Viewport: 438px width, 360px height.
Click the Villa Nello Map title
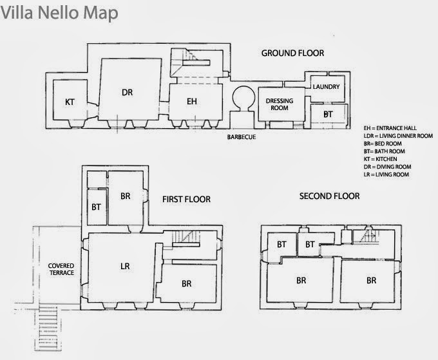click(59, 13)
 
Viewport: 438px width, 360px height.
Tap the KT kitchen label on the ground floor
click(70, 102)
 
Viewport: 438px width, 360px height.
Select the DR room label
click(127, 93)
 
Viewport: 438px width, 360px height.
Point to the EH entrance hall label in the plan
click(192, 101)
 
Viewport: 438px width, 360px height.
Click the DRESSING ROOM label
click(280, 104)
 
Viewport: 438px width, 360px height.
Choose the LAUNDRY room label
click(326, 87)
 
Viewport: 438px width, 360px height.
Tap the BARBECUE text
click(242, 137)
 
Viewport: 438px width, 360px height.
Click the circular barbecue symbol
click(243, 98)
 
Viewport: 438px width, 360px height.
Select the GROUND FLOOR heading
click(292, 53)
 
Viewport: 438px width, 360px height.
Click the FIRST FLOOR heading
click(186, 199)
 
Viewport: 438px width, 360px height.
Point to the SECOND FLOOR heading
click(329, 196)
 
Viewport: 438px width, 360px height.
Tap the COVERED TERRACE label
click(61, 269)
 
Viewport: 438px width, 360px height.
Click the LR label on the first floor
click(125, 266)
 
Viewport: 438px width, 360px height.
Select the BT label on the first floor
click(96, 207)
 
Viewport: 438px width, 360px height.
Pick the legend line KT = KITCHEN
click(380, 159)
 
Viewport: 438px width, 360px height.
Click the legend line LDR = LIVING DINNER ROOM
click(398, 136)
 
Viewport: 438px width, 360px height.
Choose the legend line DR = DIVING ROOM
click(387, 167)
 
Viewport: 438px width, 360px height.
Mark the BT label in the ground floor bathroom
click(328, 114)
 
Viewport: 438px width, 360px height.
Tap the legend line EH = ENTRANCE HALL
click(390, 128)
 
